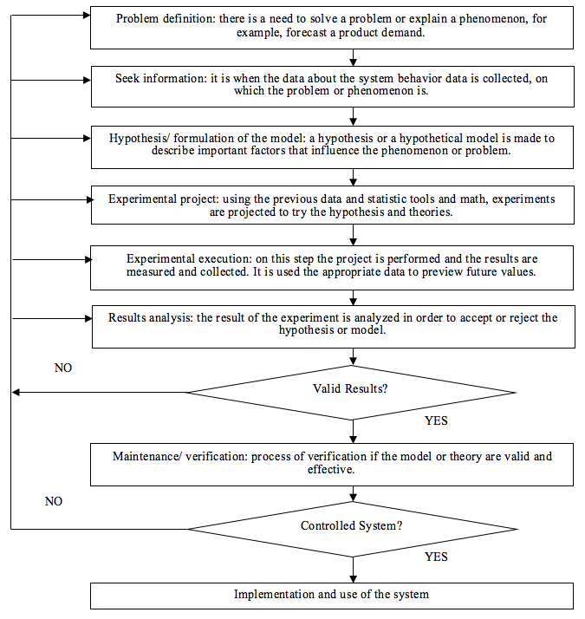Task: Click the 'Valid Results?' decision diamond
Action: click(351, 393)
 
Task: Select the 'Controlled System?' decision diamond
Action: click(352, 529)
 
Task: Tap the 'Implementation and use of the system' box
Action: click(332, 596)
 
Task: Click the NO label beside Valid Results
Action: click(63, 368)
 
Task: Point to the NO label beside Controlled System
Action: click(54, 501)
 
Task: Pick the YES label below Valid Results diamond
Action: click(436, 420)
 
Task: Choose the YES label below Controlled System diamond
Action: click(436, 557)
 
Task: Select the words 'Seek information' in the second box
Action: click(160, 79)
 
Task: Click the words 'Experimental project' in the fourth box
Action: click(163, 199)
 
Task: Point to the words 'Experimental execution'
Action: click(188, 259)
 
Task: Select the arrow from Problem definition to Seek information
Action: click(354, 57)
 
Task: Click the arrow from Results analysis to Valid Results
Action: click(354, 356)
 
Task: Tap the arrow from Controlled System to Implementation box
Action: click(354, 570)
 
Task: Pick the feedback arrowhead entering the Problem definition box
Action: click(87, 16)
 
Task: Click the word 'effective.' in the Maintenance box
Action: click(331, 469)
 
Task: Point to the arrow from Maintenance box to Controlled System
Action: click(354, 494)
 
